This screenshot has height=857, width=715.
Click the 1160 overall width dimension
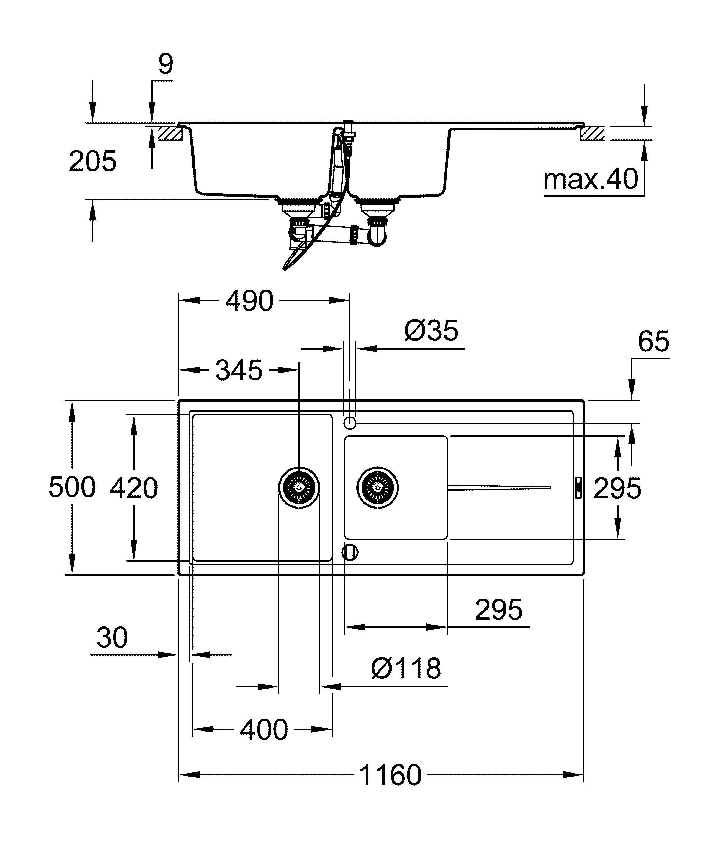[390, 776]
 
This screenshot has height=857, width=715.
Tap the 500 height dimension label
[72, 487]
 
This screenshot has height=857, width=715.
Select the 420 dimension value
[134, 488]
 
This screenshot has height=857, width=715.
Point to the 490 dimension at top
[249, 301]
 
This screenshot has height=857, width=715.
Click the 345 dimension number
[239, 371]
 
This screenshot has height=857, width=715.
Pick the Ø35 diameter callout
[432, 331]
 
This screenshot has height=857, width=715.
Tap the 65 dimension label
[653, 341]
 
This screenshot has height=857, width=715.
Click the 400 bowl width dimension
[264, 730]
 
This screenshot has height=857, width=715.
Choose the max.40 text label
[590, 179]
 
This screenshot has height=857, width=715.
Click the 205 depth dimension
[93, 162]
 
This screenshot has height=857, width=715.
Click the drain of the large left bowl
[299, 488]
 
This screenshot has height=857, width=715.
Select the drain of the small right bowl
[377, 488]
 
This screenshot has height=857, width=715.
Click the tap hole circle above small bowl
[350, 423]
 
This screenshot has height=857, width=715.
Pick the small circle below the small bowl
[350, 553]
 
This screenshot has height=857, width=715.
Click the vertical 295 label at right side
[617, 488]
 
